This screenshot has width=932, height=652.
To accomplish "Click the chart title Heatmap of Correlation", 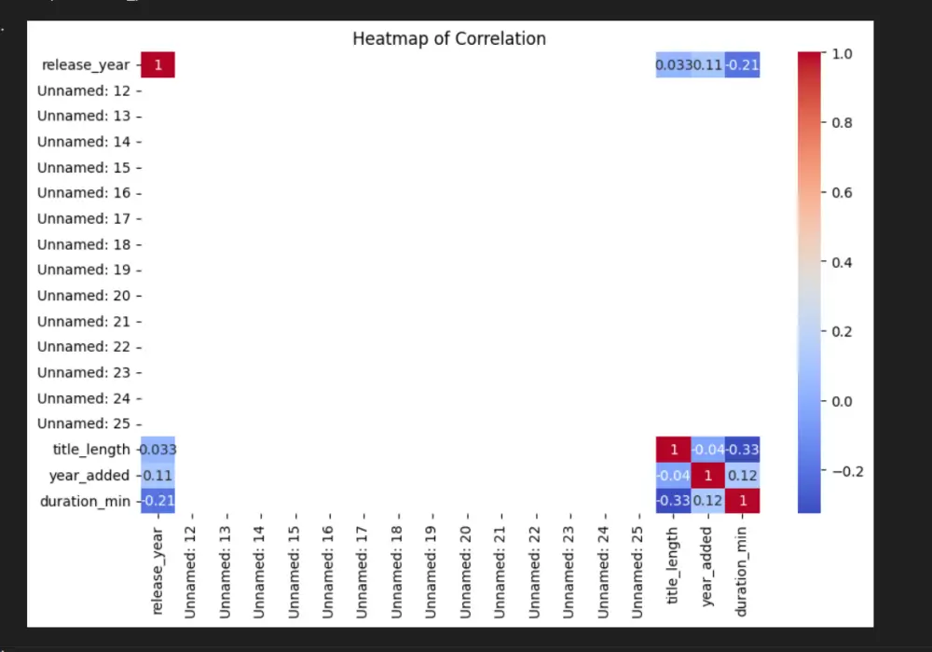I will (x=449, y=39).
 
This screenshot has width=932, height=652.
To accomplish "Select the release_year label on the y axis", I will (x=87, y=65).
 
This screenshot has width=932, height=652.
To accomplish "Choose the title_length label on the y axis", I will (x=91, y=450).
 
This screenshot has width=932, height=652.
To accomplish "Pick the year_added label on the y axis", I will (x=89, y=475).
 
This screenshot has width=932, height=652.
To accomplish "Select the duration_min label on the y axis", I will (x=87, y=501).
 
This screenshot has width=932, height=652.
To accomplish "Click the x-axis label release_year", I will (x=158, y=571).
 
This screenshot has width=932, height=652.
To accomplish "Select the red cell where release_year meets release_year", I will (x=158, y=65).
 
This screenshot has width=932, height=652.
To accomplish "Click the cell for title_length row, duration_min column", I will (x=743, y=450).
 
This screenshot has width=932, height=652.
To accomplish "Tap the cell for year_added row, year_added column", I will (x=708, y=475).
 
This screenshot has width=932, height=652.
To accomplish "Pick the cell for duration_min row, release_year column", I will (x=158, y=501).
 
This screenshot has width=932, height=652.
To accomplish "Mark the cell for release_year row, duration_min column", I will (x=743, y=65).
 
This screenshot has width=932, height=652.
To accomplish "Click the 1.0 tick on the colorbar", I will (x=841, y=54).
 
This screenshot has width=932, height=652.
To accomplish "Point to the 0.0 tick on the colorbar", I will (x=841, y=401).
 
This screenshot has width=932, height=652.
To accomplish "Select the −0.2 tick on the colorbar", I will (x=845, y=471).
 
